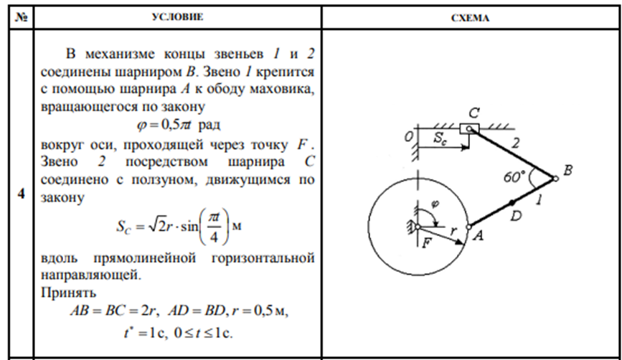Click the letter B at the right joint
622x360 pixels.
[568, 171]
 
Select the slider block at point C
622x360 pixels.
[470, 129]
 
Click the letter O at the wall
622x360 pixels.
[407, 136]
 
